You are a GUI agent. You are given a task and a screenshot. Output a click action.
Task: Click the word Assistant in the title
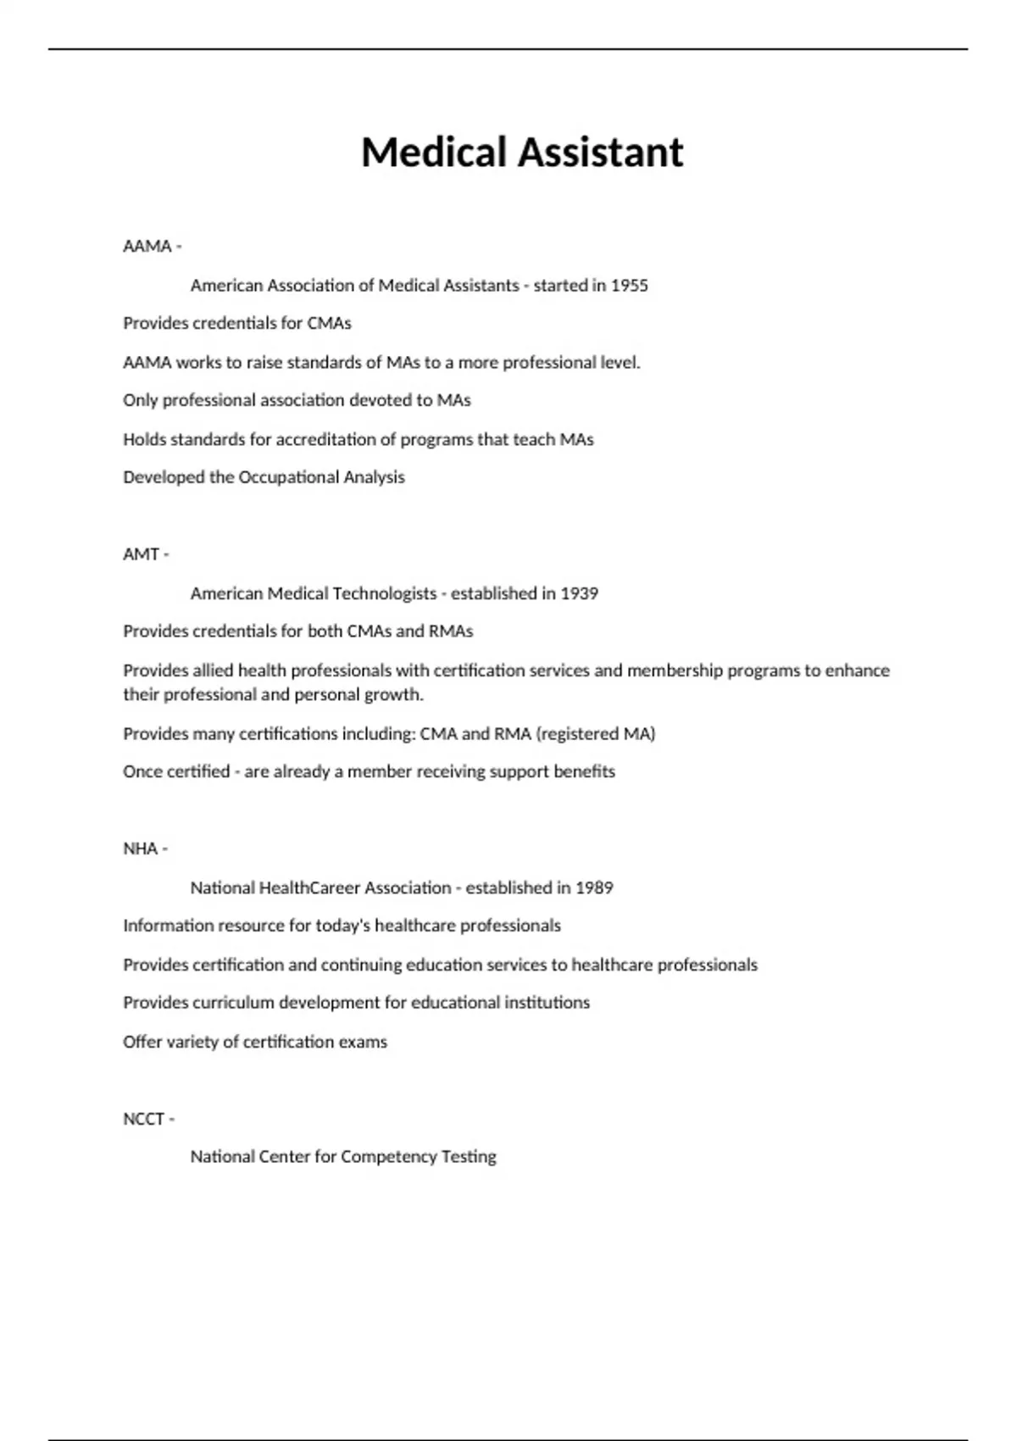click(601, 153)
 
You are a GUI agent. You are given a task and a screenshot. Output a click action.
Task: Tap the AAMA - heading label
click(152, 246)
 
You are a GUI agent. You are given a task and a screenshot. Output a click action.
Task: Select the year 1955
click(629, 286)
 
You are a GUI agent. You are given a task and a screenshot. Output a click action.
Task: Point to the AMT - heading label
click(146, 554)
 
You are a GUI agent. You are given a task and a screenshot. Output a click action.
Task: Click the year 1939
click(580, 593)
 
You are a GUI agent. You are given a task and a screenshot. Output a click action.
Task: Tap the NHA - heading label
click(145, 848)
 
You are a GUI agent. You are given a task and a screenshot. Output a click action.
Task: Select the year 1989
click(594, 887)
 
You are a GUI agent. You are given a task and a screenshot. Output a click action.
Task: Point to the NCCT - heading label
click(148, 1119)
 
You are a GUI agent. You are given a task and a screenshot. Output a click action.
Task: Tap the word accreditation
click(325, 439)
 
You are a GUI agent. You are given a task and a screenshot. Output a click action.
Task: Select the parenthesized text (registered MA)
click(596, 733)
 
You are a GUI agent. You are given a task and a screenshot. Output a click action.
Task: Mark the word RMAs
click(450, 631)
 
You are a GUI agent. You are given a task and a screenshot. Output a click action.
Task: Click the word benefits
click(584, 771)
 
